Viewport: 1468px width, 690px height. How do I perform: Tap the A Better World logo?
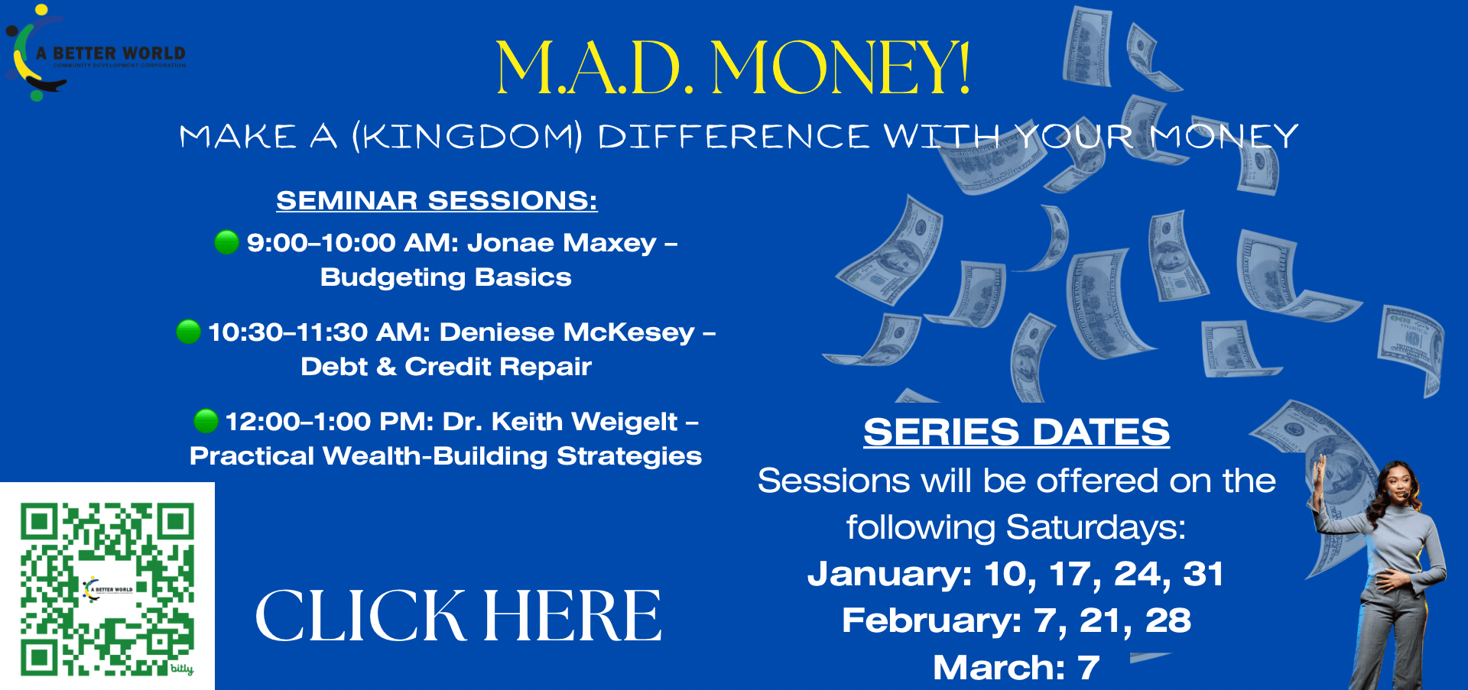click(x=96, y=53)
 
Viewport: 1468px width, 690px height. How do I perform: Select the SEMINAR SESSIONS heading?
click(x=437, y=200)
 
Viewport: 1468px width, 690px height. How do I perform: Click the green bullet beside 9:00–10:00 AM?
click(x=226, y=242)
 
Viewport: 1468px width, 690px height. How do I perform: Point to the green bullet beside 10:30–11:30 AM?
click(x=188, y=332)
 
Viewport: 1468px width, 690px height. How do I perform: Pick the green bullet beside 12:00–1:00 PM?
click(x=206, y=421)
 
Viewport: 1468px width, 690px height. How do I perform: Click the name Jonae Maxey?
click(x=562, y=243)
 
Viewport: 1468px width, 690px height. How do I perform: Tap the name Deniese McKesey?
click(x=567, y=332)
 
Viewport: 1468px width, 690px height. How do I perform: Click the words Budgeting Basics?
click(x=446, y=277)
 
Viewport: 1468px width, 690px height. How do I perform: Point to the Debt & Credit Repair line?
click(x=446, y=367)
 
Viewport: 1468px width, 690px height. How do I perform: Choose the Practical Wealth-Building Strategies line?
click(x=446, y=456)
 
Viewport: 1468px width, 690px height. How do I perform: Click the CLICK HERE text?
click(x=458, y=616)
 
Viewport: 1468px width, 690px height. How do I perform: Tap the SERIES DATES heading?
click(x=1016, y=432)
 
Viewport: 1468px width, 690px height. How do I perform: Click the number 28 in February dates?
click(x=1168, y=620)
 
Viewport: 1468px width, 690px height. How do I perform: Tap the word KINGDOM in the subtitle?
click(x=466, y=137)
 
